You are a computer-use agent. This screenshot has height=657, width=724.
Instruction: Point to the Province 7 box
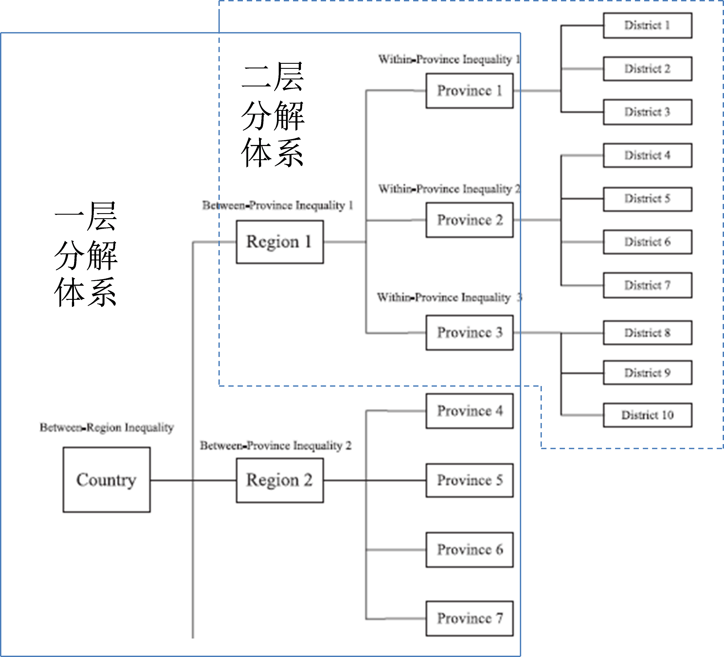coord(469,619)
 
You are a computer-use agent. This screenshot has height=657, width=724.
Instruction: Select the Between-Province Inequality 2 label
coord(275,446)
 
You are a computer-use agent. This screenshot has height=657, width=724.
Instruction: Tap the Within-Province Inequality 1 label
coord(449,59)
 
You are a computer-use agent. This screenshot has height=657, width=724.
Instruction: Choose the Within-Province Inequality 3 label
coord(449,297)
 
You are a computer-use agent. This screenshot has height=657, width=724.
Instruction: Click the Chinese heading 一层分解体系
coord(86,254)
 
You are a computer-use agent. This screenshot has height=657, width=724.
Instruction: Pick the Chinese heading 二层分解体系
coord(273,115)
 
